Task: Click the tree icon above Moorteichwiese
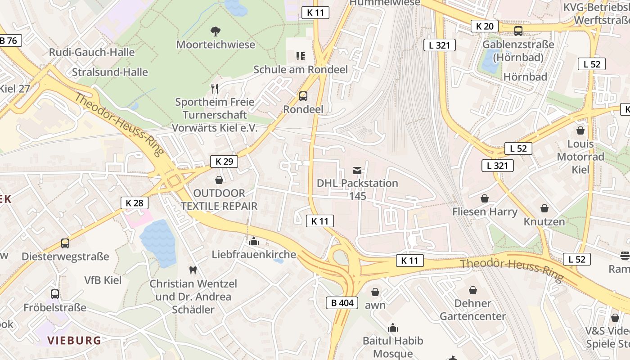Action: (216, 31)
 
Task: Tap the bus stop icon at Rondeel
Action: (303, 96)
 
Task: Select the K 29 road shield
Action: (224, 162)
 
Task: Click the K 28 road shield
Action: (135, 203)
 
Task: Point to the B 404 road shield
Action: (342, 303)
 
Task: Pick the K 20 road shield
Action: (485, 26)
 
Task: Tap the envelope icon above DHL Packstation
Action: (357, 170)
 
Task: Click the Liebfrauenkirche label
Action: (254, 254)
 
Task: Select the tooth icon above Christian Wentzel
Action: (193, 270)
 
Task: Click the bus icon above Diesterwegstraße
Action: (65, 243)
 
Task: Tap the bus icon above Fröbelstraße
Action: (55, 294)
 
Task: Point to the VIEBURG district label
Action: (74, 340)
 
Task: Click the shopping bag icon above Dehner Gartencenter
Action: (472, 290)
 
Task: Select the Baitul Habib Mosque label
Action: (393, 347)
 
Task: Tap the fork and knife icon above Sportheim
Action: (215, 88)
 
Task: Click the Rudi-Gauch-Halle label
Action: (92, 52)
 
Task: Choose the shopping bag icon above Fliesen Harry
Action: (485, 198)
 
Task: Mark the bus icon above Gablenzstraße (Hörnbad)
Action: (518, 31)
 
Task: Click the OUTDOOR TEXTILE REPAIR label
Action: (219, 200)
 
